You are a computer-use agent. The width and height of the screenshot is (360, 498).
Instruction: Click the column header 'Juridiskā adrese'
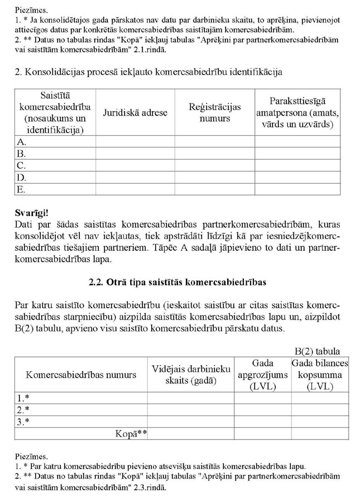pos(135,112)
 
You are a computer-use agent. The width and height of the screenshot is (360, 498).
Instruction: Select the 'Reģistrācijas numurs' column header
pos(214,112)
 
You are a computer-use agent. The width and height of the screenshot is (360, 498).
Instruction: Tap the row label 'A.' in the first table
pos(21,142)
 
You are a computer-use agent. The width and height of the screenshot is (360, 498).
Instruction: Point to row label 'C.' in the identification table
pos(21,165)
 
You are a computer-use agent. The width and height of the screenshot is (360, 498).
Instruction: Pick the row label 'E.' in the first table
pos(21,189)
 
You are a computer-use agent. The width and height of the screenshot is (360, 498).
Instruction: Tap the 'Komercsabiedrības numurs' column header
pos(81,375)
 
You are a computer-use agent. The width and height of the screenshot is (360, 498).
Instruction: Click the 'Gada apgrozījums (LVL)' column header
pos(262,375)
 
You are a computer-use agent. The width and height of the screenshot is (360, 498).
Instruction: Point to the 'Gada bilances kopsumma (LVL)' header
pos(319,375)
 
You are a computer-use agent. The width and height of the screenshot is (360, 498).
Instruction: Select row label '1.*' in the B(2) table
pos(23,398)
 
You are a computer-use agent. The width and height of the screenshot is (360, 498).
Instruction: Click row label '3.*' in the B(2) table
pos(23,422)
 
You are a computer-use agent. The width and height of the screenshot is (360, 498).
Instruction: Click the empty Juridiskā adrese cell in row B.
pos(135,154)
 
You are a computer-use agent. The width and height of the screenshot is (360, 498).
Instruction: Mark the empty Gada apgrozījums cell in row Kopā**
pos(262,433)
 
